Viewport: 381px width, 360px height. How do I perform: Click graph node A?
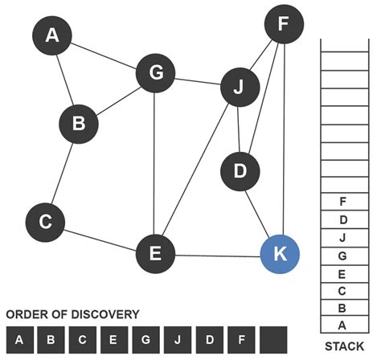coord(52,35)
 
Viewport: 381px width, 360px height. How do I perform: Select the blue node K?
coord(280,254)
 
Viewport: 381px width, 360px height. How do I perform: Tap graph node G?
coord(156,73)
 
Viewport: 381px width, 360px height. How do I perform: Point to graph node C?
coord(45,222)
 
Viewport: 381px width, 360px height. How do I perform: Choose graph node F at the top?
coord(282,26)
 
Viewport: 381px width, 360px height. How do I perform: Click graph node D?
coord(240,171)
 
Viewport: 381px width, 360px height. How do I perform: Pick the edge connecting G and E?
coord(155,161)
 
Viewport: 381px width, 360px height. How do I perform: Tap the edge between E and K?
coord(218,256)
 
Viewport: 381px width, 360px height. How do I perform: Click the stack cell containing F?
coord(343,202)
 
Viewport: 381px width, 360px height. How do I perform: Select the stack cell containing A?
coord(343,325)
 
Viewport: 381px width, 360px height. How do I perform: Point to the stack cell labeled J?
coord(343,237)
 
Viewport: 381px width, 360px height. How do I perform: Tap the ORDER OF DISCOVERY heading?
coord(72,314)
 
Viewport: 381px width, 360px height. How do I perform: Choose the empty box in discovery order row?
coord(273,340)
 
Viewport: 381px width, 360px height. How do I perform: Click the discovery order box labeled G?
coord(146,340)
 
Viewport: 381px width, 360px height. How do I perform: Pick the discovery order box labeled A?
coord(19,340)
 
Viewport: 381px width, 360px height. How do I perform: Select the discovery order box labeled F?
coord(241,340)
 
